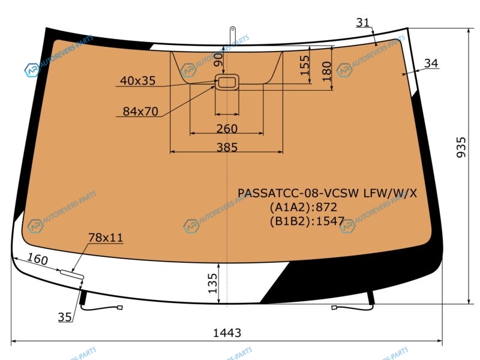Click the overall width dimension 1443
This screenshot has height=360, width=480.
pyautogui.click(x=227, y=332)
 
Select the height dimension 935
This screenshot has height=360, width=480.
pyautogui.click(x=461, y=147)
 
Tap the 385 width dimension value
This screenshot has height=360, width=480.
pyautogui.click(x=227, y=148)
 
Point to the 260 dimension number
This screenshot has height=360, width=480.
pyautogui.click(x=227, y=128)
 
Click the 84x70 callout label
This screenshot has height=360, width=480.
pyautogui.click(x=140, y=112)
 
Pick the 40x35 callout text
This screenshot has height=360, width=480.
pyautogui.click(x=138, y=80)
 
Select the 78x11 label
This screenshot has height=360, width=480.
pyautogui.click(x=106, y=237)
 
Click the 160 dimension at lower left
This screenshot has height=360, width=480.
pyautogui.click(x=38, y=259)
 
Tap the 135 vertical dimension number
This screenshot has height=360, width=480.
pyautogui.click(x=212, y=283)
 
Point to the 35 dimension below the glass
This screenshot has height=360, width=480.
pyautogui.click(x=65, y=317)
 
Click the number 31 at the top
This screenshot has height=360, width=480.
pyautogui.click(x=363, y=22)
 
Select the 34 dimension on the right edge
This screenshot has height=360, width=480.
pyautogui.click(x=431, y=63)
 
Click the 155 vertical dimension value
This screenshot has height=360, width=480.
pyautogui.click(x=305, y=65)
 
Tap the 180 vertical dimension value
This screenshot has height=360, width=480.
pyautogui.click(x=327, y=71)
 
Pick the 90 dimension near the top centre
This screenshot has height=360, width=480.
pyautogui.click(x=218, y=59)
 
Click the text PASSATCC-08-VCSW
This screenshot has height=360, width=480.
pyautogui.click(x=298, y=193)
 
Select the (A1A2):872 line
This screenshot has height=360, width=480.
pyautogui.click(x=304, y=207)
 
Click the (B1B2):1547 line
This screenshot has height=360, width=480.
pyautogui.click(x=307, y=221)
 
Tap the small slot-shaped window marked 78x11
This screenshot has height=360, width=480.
pyautogui.click(x=72, y=274)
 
